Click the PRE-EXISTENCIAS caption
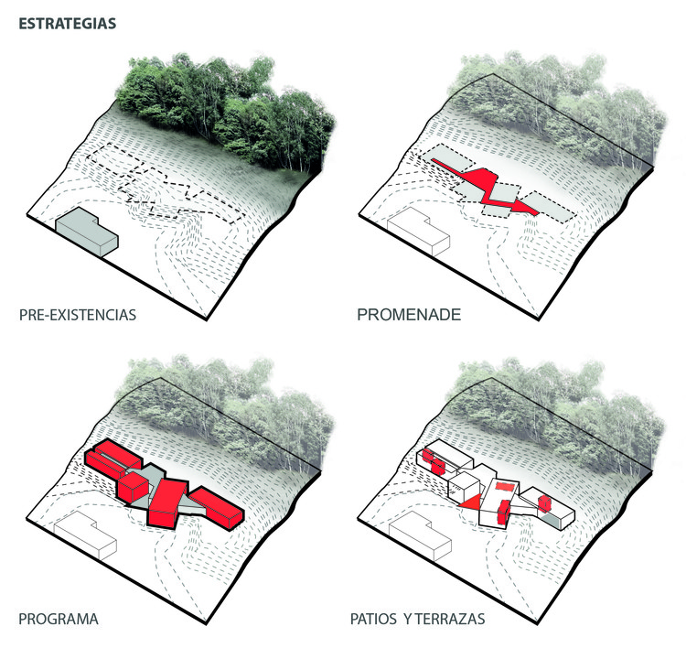[x=77, y=315]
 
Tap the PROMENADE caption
[x=408, y=315]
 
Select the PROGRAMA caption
[x=59, y=620]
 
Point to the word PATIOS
[x=372, y=620]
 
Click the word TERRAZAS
[x=446, y=620]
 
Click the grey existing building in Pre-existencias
[x=87, y=231]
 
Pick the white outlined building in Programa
[x=87, y=536]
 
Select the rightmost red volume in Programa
[x=217, y=507]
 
